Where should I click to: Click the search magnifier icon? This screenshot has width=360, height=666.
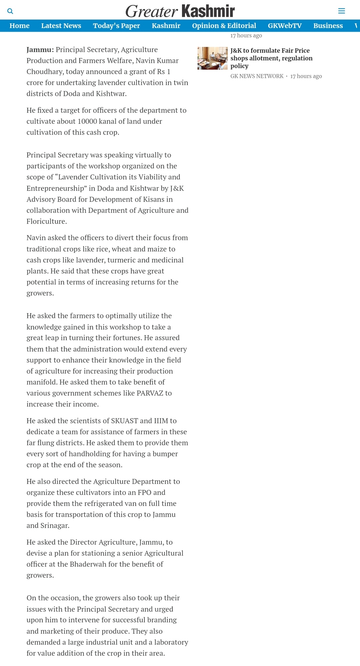pos(10,11)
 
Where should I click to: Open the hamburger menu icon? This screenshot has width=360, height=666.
pos(341,11)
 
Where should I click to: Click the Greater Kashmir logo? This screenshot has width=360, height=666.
pos(180,11)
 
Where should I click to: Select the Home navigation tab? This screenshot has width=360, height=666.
pos(19,26)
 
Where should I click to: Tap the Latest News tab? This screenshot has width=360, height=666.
pos(61,26)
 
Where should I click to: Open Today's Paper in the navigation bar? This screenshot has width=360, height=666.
pos(116,26)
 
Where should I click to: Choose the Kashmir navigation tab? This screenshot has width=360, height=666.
pos(166,26)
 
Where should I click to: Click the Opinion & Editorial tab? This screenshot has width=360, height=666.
pos(224,26)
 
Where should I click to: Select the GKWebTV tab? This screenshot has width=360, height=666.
pos(285,26)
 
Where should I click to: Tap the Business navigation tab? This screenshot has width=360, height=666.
pos(328,26)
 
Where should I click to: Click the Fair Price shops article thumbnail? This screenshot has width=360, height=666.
pos(212,58)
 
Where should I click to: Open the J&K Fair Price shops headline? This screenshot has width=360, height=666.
pos(271,58)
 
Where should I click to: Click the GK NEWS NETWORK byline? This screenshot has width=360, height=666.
pos(257,76)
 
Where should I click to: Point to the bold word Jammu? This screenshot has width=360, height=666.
pos(40,50)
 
